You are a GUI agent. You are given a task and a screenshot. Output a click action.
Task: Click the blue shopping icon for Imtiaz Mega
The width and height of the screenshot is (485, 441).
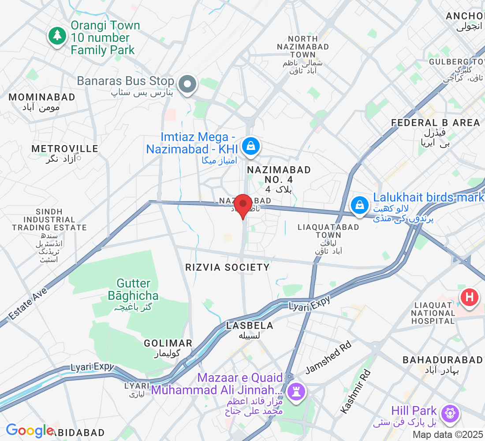point(250,146)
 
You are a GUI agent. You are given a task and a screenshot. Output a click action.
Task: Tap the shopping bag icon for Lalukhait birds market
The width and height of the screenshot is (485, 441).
point(360,205)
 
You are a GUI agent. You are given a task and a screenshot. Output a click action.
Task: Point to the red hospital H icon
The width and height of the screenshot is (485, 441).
point(470,297)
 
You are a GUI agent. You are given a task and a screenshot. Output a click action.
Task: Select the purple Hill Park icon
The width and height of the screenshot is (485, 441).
point(450,414)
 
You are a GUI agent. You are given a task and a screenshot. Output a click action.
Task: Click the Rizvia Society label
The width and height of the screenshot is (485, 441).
point(228,267)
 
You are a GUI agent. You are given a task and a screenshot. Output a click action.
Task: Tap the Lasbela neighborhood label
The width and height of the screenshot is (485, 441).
point(250,326)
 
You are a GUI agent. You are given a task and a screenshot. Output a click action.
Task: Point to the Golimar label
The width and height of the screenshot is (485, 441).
point(168,343)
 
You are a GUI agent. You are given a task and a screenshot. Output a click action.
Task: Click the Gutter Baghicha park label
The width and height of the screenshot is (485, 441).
point(134,289)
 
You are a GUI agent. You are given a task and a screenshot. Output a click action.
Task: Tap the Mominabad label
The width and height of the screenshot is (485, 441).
point(42,97)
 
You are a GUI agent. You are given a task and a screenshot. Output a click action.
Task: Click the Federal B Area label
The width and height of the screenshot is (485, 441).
point(435,123)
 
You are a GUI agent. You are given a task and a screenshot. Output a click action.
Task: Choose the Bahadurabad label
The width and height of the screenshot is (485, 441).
point(442,360)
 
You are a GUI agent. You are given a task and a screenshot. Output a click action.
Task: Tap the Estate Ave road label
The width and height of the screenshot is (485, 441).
point(28,304)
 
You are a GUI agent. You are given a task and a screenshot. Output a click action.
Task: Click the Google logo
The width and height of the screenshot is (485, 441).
point(30,430)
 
